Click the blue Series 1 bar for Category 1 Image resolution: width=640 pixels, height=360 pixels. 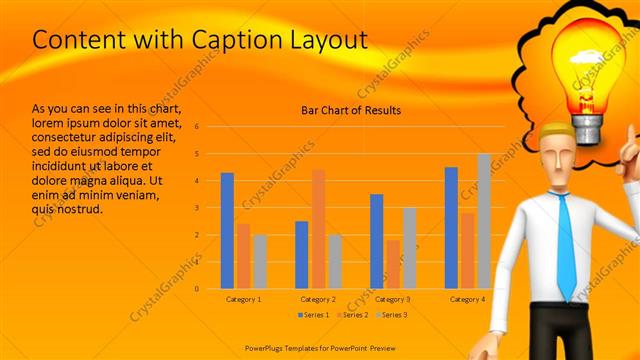(227, 230)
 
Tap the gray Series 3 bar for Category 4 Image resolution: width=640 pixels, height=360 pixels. (484, 221)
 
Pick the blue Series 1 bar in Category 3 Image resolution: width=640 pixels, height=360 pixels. (376, 241)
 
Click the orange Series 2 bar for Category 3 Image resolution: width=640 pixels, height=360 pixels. (393, 264)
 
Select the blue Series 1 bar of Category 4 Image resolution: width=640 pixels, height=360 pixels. (451, 227)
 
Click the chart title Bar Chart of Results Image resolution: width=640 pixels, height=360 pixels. (351, 110)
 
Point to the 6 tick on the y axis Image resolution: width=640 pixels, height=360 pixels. (197, 127)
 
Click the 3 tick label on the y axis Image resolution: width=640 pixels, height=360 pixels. (197, 208)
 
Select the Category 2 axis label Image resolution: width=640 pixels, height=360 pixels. (318, 299)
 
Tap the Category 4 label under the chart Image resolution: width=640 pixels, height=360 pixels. (467, 299)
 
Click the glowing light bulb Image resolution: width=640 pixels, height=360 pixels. (589, 75)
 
